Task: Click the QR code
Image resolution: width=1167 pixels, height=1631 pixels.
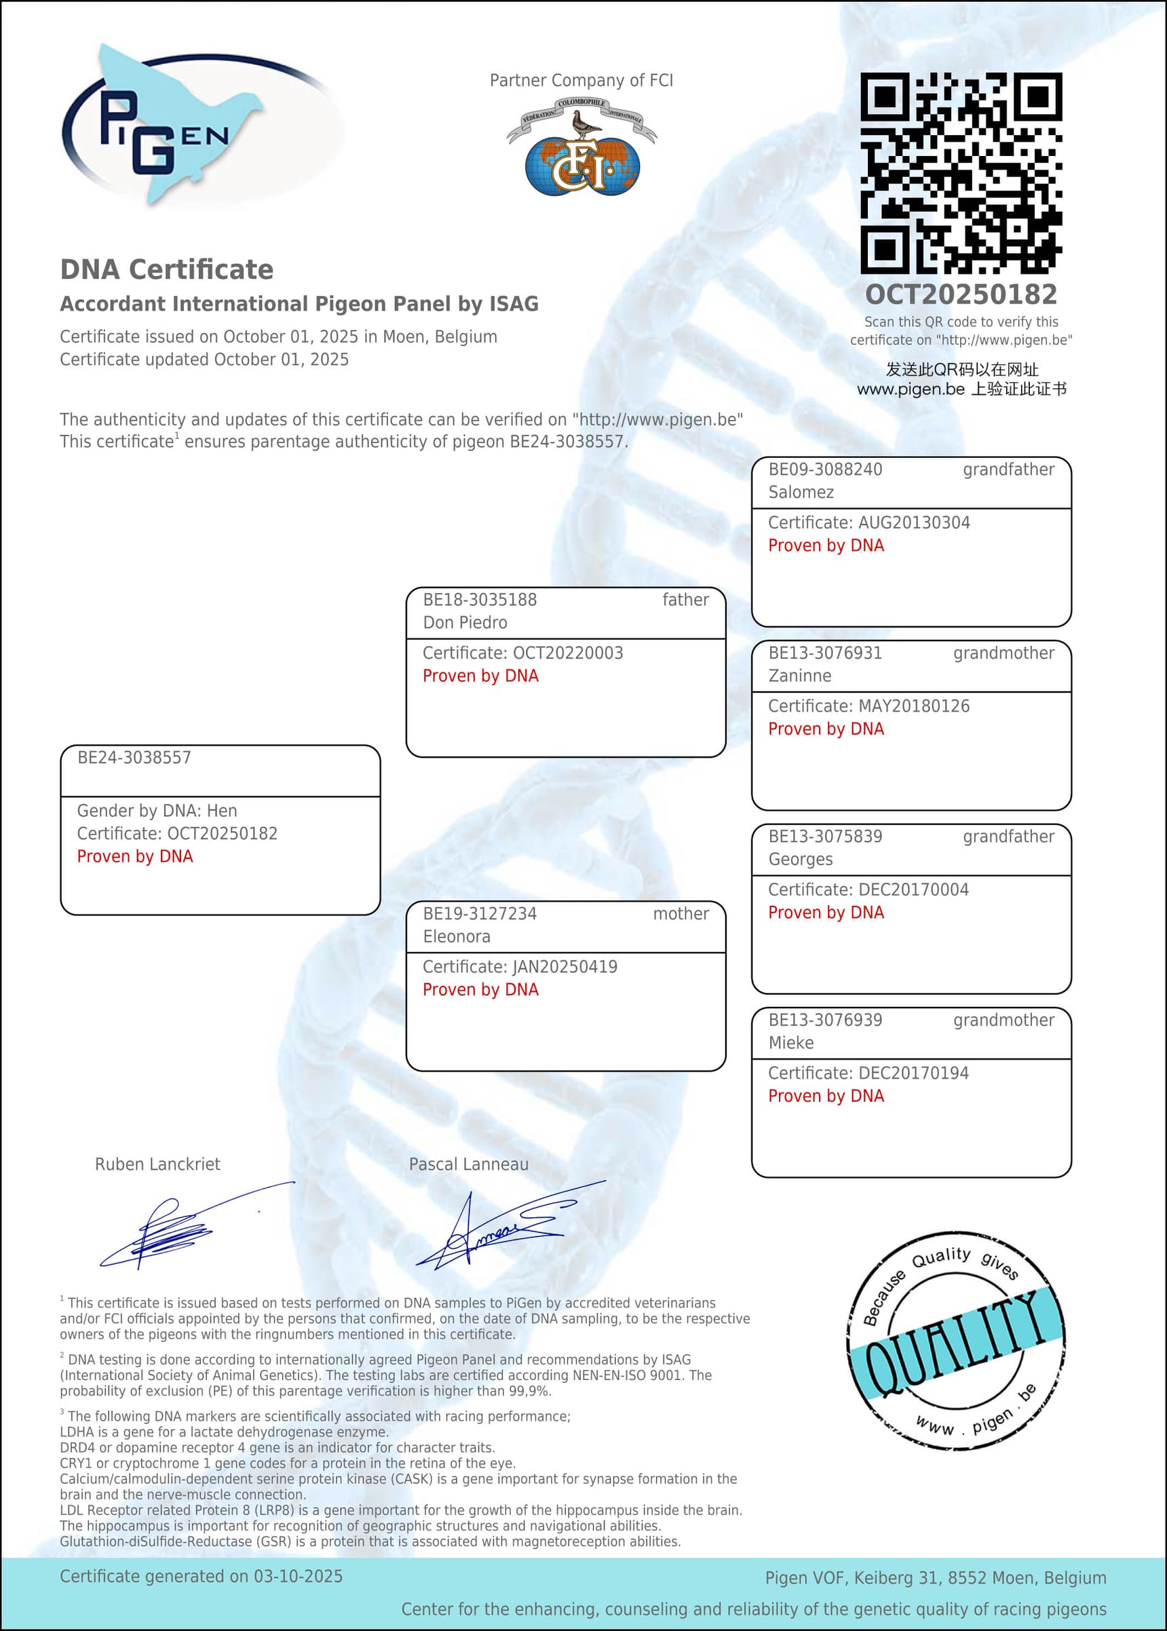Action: pyautogui.click(x=961, y=172)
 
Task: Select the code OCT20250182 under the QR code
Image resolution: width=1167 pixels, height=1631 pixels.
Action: pyautogui.click(x=961, y=294)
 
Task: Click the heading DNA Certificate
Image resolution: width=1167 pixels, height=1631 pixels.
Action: pyautogui.click(x=167, y=269)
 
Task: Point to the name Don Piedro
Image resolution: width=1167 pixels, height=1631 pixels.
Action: pyautogui.click(x=465, y=622)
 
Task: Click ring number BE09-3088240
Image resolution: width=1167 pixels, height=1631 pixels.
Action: pyautogui.click(x=825, y=469)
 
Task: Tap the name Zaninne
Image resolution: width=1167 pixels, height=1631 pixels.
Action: pyautogui.click(x=800, y=675)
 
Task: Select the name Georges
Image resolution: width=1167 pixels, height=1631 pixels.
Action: pyautogui.click(x=801, y=859)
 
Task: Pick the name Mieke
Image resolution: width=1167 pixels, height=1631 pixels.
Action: pyautogui.click(x=791, y=1043)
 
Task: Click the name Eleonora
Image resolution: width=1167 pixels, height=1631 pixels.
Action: pyautogui.click(x=457, y=936)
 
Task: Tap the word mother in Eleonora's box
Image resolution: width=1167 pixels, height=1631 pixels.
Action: pyautogui.click(x=681, y=913)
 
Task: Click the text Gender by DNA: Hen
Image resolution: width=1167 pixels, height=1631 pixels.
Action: pyautogui.click(x=157, y=811)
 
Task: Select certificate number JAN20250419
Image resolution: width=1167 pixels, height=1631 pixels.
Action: pyautogui.click(x=564, y=966)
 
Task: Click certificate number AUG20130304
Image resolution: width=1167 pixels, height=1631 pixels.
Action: pyautogui.click(x=914, y=522)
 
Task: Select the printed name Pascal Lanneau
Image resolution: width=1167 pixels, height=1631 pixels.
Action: pyautogui.click(x=469, y=1164)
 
